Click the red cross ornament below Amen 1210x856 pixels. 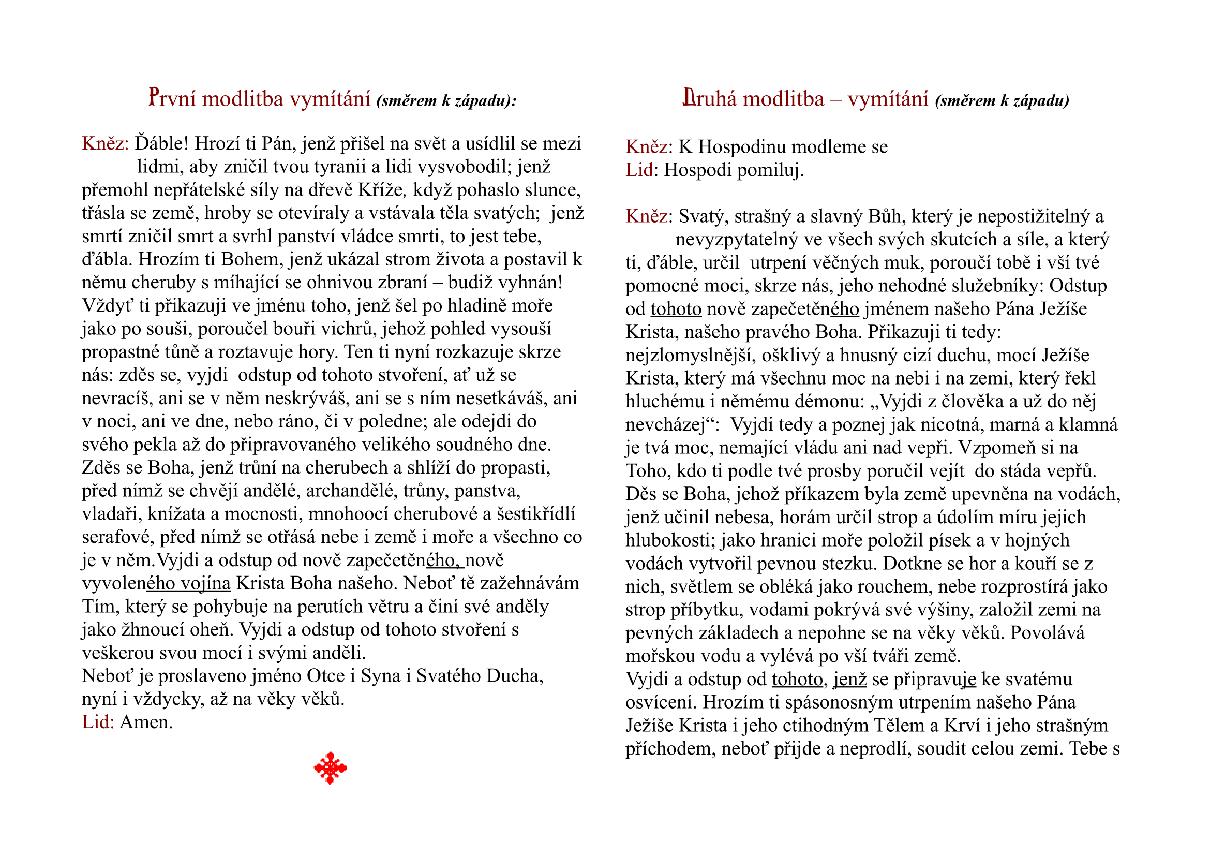(331, 768)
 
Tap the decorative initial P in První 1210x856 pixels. (154, 97)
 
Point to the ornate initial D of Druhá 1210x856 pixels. (688, 97)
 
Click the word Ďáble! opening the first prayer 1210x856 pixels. (161, 143)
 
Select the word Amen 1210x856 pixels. (146, 722)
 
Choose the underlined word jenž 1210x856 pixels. (849, 680)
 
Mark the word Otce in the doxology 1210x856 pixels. (326, 676)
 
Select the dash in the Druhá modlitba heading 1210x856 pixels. (836, 99)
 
